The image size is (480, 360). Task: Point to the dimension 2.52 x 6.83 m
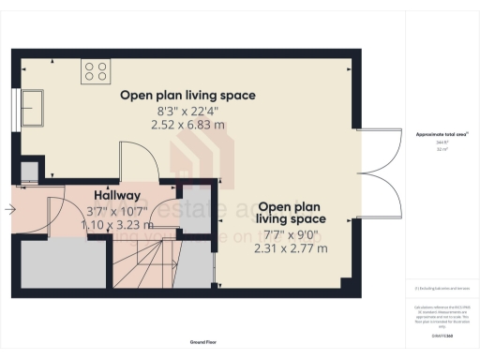point(187,124)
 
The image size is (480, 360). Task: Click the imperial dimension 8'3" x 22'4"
point(187,110)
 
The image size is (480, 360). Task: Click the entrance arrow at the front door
point(8,211)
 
